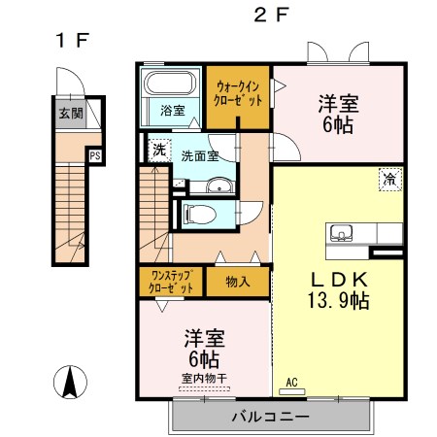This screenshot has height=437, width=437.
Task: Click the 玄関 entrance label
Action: (71, 114)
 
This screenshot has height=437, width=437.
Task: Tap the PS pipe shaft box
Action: (95, 156)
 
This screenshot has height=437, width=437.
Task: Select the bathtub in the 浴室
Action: (170, 83)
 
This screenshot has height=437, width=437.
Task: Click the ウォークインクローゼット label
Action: (238, 94)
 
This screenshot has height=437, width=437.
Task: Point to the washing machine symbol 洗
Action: (159, 150)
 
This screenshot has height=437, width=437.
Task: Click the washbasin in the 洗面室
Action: (219, 185)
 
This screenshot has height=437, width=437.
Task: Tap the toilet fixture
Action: (199, 215)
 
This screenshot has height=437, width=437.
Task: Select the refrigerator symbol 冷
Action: (390, 180)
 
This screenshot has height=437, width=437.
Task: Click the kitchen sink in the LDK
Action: (341, 233)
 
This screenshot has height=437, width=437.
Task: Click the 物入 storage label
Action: (238, 282)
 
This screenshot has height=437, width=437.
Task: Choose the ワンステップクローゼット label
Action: (171, 282)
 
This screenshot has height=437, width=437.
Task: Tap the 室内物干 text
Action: (204, 378)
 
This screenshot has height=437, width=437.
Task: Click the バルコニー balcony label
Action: (271, 417)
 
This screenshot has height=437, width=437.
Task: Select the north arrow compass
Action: (70, 382)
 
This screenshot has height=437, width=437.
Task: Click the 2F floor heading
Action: (271, 15)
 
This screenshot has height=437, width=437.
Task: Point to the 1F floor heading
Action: (72, 41)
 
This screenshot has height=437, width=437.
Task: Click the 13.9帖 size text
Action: (339, 300)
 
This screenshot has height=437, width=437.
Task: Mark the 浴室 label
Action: (173, 111)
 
